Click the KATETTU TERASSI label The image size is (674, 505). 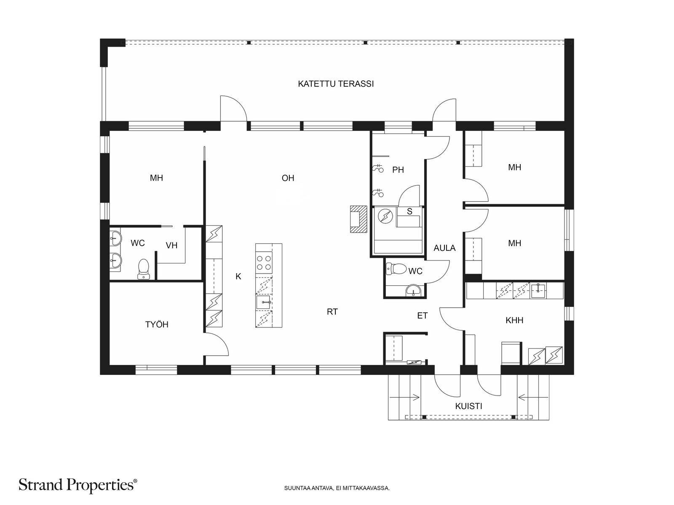(x=336, y=84)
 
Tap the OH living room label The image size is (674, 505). (x=288, y=178)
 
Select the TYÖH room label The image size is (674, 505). (x=157, y=324)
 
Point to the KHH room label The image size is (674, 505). (x=514, y=320)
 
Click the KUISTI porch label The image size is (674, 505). (x=468, y=406)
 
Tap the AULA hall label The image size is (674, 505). (x=444, y=248)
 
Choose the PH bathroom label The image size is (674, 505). (x=398, y=170)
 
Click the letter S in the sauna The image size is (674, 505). (x=409, y=211)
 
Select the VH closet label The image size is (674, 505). (x=171, y=245)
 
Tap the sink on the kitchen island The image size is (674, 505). (x=264, y=302)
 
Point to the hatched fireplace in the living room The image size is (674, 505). (x=358, y=219)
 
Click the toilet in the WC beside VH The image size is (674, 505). (x=143, y=269)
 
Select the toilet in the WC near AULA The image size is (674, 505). (x=396, y=269)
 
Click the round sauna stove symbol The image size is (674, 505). (x=384, y=216)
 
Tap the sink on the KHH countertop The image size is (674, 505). (x=538, y=291)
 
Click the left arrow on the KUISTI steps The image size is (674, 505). (x=404, y=398)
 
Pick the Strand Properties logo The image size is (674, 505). (x=78, y=485)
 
